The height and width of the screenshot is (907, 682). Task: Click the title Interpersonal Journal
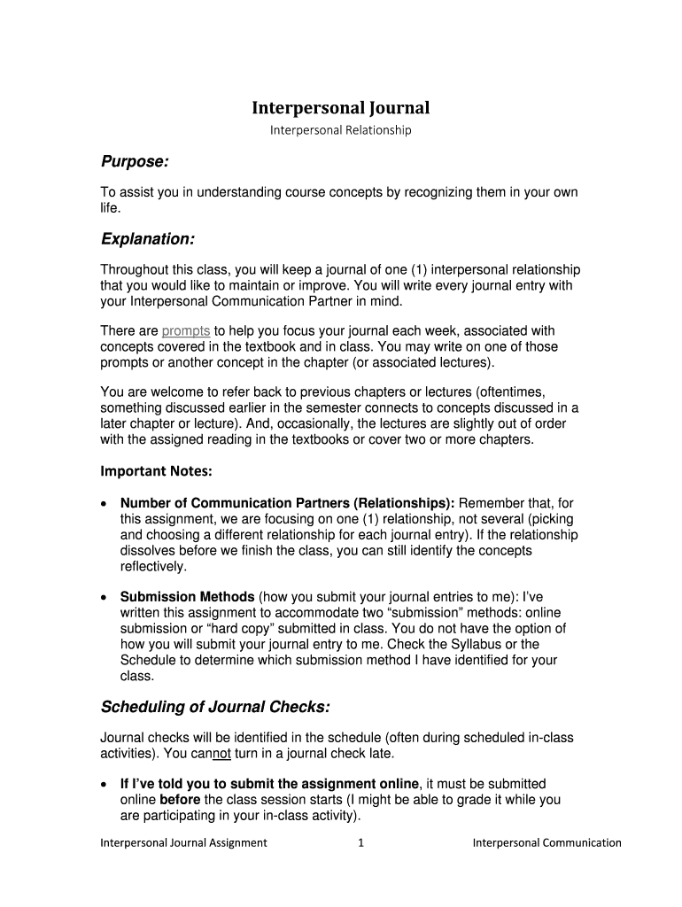coord(341,108)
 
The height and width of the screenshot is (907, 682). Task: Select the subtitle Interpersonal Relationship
coord(341,130)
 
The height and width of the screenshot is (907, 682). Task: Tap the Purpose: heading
coord(134,162)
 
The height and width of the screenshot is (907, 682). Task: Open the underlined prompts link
coord(186,331)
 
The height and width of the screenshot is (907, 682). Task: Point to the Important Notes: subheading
coord(156,471)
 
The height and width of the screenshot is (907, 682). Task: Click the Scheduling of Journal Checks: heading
coord(215,706)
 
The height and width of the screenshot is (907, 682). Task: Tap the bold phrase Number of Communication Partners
coord(236,503)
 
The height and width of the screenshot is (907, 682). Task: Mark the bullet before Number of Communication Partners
coord(105,503)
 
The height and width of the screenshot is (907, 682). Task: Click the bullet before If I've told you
coord(105,784)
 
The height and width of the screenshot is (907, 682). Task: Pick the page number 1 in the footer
coord(360,842)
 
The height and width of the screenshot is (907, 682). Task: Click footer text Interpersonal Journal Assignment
coord(183,842)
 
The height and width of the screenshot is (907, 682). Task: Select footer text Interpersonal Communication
coord(546,842)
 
